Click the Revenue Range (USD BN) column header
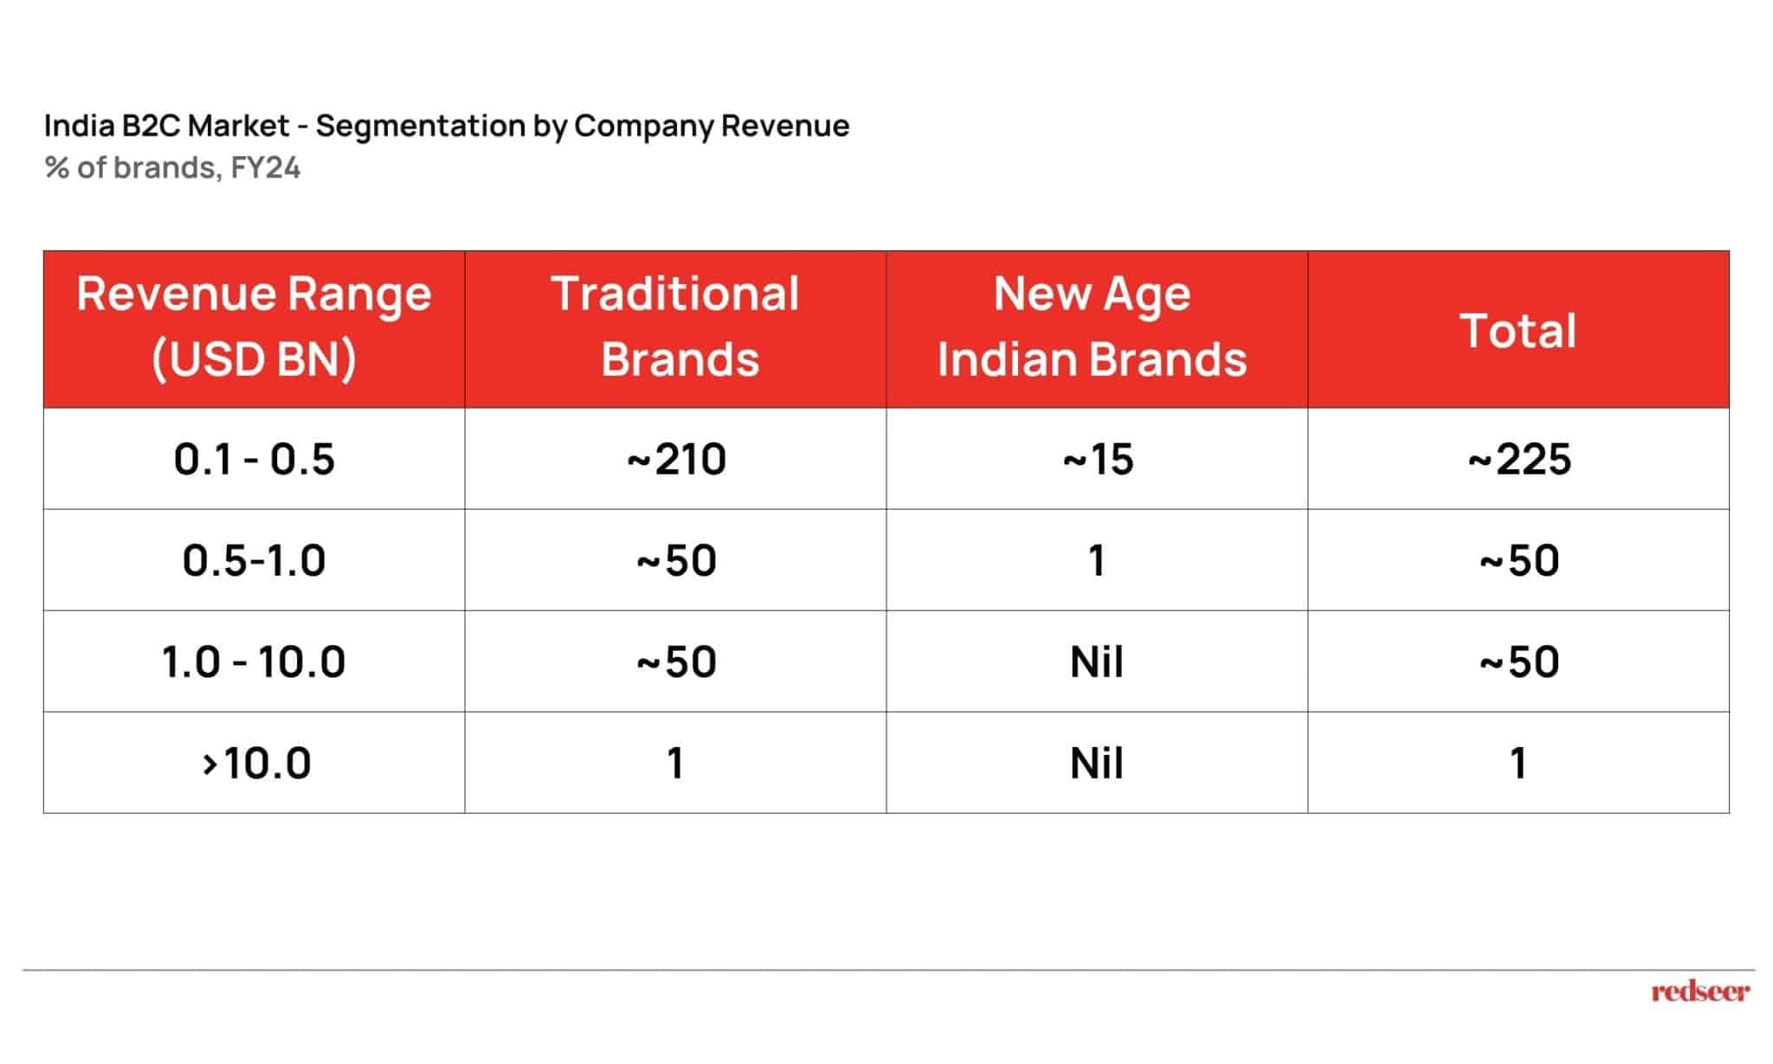(x=254, y=327)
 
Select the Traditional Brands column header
(x=675, y=327)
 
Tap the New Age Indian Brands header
(x=1093, y=327)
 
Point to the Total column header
(x=1518, y=331)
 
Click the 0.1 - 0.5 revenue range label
(x=254, y=459)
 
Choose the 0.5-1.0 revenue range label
(x=254, y=560)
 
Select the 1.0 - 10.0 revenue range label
(x=254, y=661)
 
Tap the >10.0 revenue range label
(x=256, y=764)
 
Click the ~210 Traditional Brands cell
(x=676, y=459)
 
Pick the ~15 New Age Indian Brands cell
(x=1098, y=459)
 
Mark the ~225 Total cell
(x=1519, y=459)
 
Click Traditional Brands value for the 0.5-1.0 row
(x=676, y=560)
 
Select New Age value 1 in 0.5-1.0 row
(x=1097, y=560)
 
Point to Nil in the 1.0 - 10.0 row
(x=1097, y=661)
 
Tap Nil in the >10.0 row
(x=1097, y=764)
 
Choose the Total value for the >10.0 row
(x=1518, y=764)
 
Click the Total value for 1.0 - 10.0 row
(x=1519, y=661)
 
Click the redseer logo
(x=1700, y=991)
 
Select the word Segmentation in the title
(x=420, y=126)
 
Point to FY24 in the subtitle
(x=265, y=167)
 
